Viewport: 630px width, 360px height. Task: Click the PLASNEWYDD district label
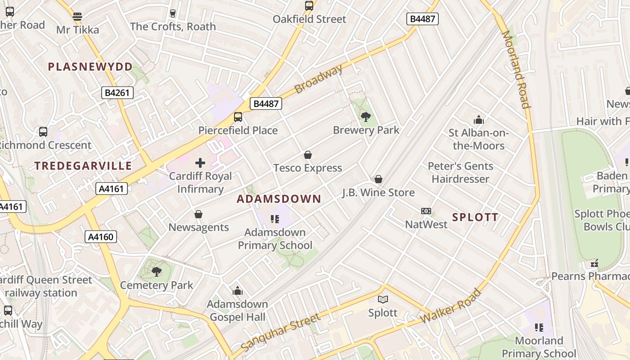tap(90, 67)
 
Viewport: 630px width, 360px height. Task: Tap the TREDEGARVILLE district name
tap(83, 166)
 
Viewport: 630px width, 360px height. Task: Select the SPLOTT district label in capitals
tap(475, 217)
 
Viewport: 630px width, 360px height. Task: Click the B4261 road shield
tap(117, 93)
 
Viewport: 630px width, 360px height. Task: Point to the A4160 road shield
tap(101, 237)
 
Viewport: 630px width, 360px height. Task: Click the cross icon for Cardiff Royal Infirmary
tap(200, 162)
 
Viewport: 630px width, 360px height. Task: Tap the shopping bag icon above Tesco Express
tap(308, 155)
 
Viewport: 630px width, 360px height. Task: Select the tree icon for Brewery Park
tap(366, 117)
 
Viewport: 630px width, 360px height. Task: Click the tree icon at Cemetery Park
tap(157, 271)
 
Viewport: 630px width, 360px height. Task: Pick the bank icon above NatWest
tap(426, 211)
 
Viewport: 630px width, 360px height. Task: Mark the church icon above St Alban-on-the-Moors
tap(478, 120)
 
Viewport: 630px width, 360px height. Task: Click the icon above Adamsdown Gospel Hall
tap(238, 291)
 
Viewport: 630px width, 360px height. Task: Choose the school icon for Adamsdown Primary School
tap(274, 219)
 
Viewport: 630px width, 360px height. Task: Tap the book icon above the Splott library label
tap(383, 299)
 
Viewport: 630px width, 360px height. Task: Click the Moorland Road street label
tap(516, 70)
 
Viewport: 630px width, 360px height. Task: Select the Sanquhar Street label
tap(281, 333)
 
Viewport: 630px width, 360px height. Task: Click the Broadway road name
tap(319, 79)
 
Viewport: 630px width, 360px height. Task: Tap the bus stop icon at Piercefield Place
tap(238, 117)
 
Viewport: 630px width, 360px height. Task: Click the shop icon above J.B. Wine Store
tap(378, 179)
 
